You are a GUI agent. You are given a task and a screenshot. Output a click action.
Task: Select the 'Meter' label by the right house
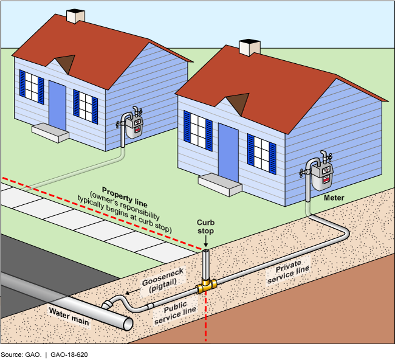(334, 198)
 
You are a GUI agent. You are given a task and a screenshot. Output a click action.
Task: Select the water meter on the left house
(134, 124)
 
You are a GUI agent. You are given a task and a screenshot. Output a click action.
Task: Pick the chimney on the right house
(249, 47)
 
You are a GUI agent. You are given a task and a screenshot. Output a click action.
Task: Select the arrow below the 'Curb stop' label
(206, 242)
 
